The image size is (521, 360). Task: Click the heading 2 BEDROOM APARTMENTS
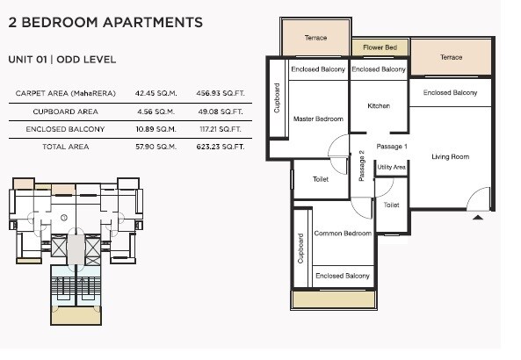coord(105,23)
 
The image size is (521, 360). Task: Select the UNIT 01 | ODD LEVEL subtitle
coord(62,60)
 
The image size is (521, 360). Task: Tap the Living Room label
coord(450,157)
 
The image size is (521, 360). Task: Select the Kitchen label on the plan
coord(379,106)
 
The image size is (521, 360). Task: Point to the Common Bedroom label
coord(343,234)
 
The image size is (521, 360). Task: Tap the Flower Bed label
coord(379,49)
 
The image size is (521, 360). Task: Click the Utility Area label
coord(391,167)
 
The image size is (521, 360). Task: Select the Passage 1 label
coord(391,146)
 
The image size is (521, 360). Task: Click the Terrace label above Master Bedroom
coord(315,38)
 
